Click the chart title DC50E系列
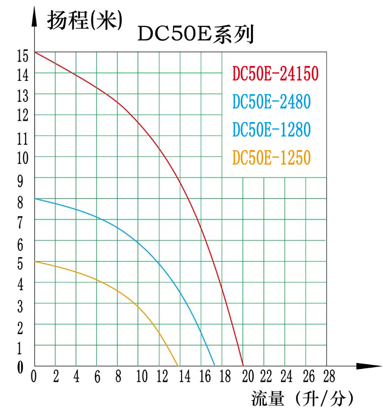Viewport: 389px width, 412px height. pyautogui.click(x=196, y=35)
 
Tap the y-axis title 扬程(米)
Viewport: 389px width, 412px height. pyautogui.click(x=85, y=21)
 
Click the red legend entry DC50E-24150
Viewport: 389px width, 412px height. pyautogui.click(x=275, y=74)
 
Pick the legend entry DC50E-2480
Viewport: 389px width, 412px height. pyautogui.click(x=272, y=102)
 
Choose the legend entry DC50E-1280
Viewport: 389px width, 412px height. pyautogui.click(x=272, y=129)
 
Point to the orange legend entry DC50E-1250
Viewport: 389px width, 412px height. pyautogui.click(x=272, y=158)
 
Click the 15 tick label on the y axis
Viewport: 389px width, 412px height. pyautogui.click(x=22, y=55)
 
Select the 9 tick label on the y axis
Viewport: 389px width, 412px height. pyautogui.click(x=20, y=182)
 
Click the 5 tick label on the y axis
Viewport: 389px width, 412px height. pyautogui.click(x=20, y=264)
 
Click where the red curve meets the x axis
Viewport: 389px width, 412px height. pyautogui.click(x=243, y=365)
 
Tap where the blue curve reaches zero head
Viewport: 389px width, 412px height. pyautogui.click(x=214, y=365)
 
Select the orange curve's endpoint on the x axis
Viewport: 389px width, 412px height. pyautogui.click(x=178, y=365)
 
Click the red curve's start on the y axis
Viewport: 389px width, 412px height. pyautogui.click(x=35, y=52)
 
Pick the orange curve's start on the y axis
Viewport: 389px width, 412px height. pyautogui.click(x=35, y=261)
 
